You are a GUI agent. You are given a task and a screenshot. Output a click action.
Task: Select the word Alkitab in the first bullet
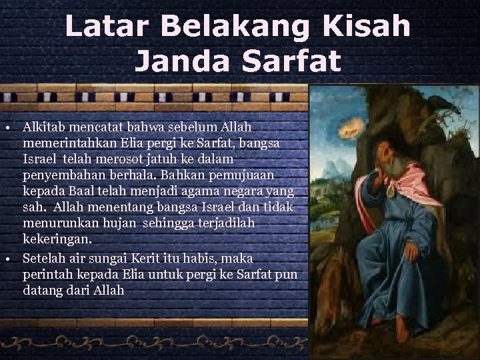click(x=44, y=126)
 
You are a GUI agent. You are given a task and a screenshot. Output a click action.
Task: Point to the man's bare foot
click(x=402, y=327)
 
